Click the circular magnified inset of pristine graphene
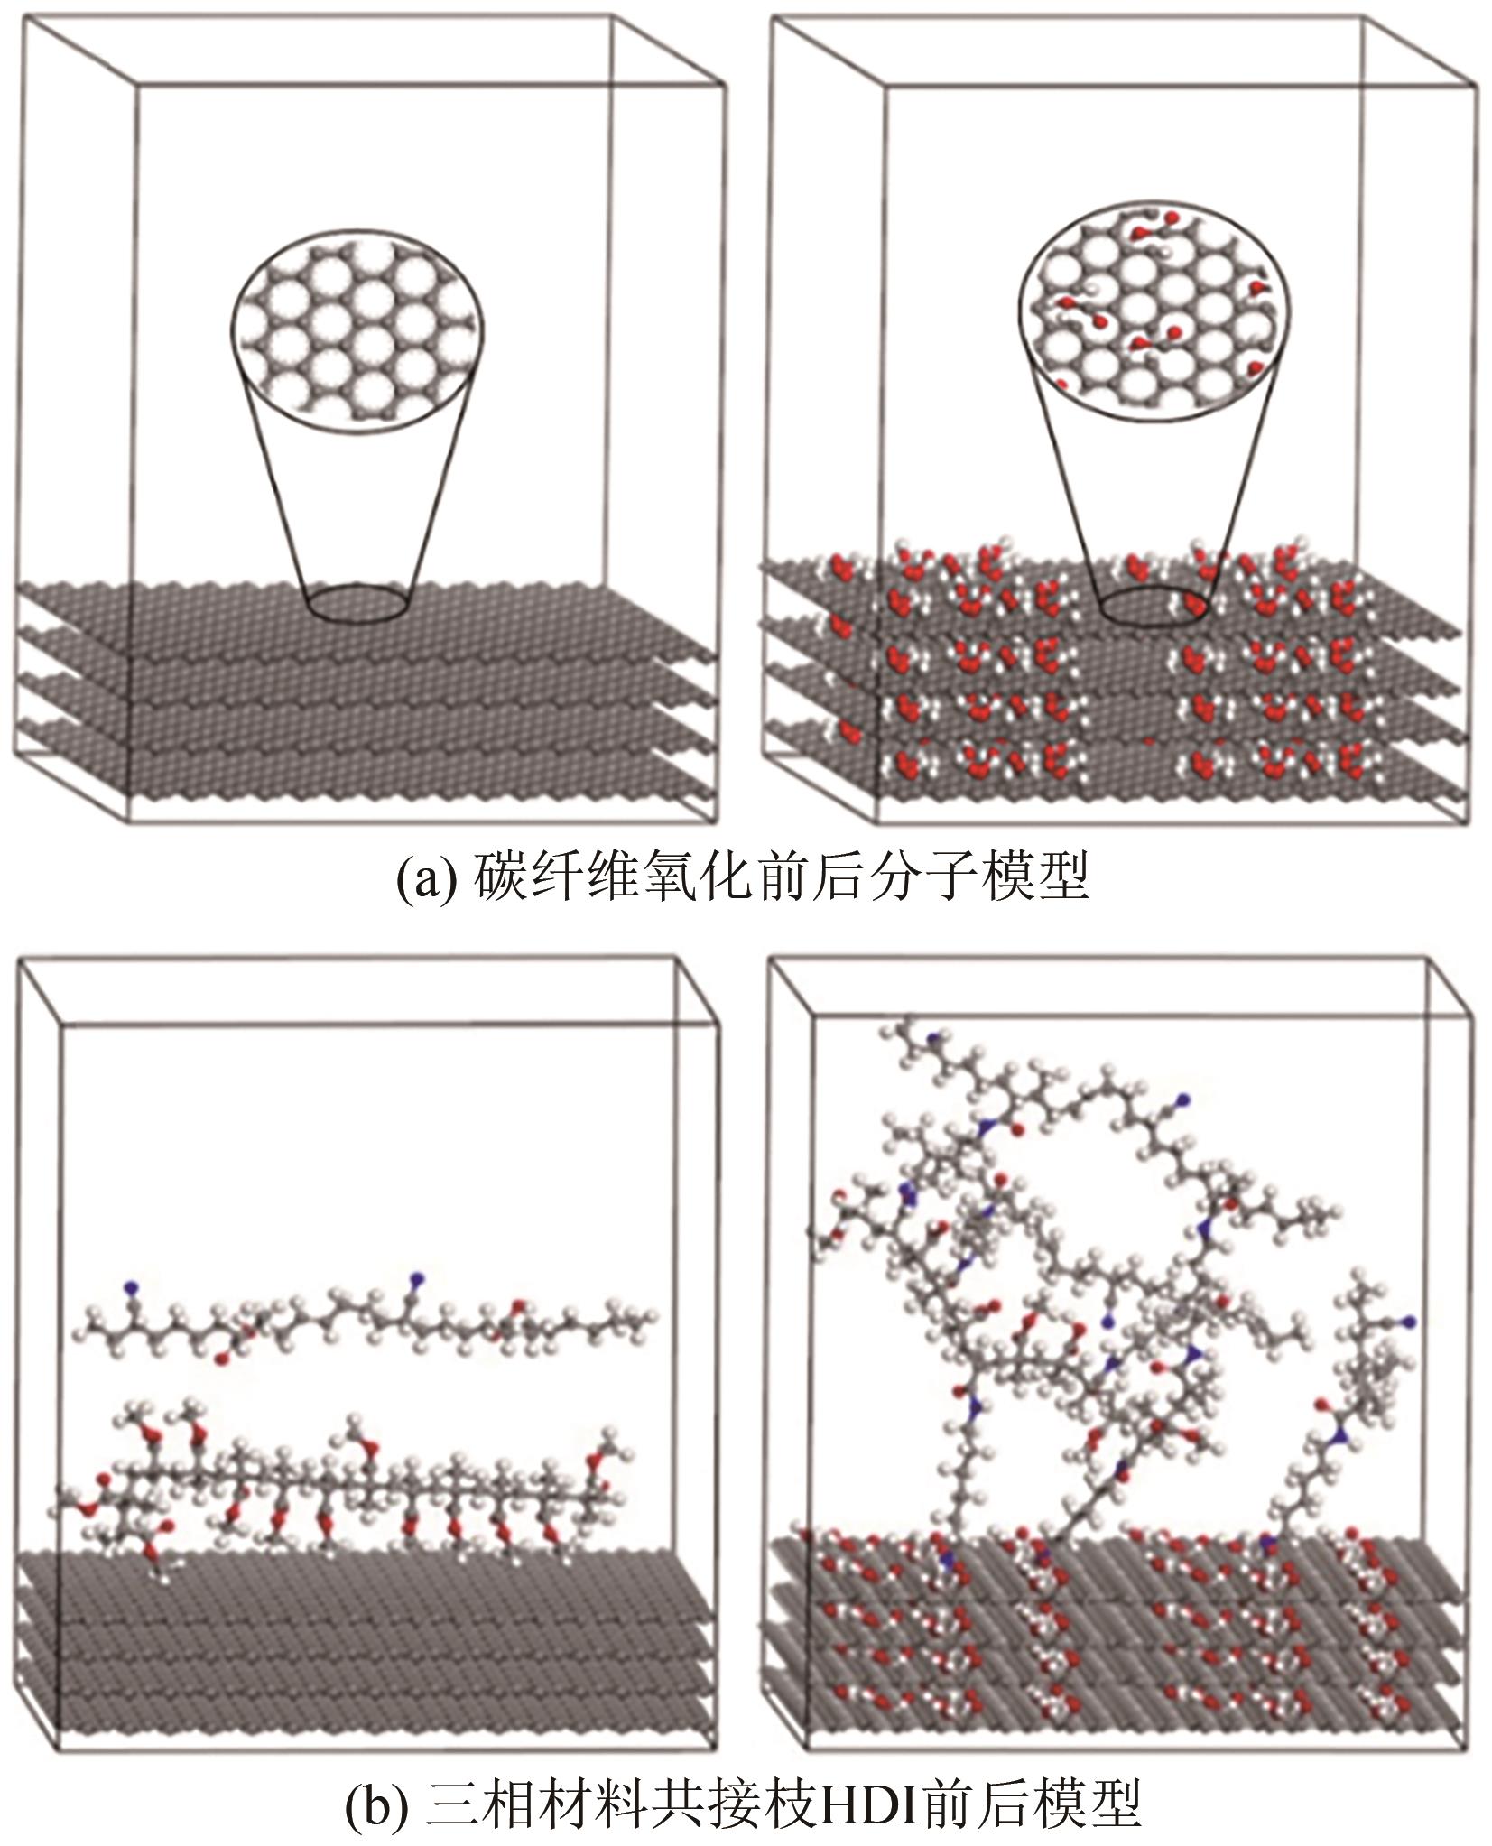[357, 335]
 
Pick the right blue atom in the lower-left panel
[416, 1278]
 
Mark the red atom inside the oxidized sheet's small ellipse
[1193, 603]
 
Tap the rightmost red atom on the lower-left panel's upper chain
[518, 1306]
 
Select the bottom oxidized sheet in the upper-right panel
[1110, 781]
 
